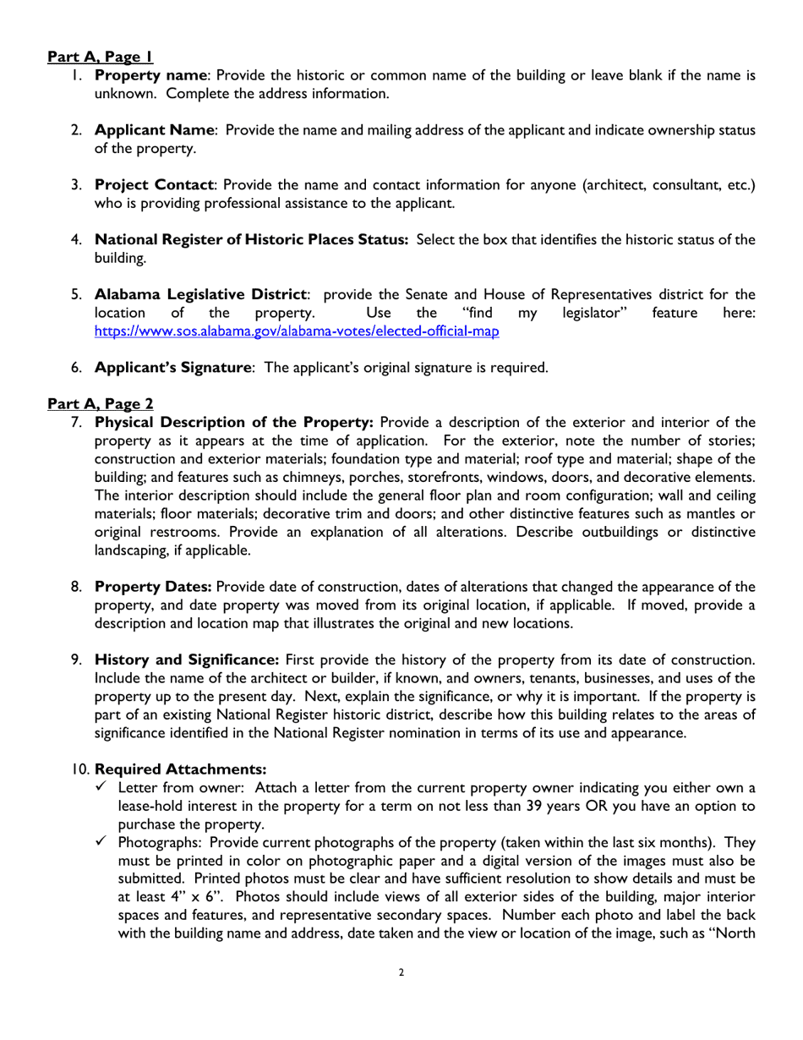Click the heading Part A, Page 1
(x=100, y=57)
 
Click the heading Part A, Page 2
(x=100, y=403)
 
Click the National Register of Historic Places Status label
(x=251, y=239)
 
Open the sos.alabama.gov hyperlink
(x=297, y=331)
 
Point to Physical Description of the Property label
(x=233, y=422)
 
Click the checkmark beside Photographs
(x=101, y=842)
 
